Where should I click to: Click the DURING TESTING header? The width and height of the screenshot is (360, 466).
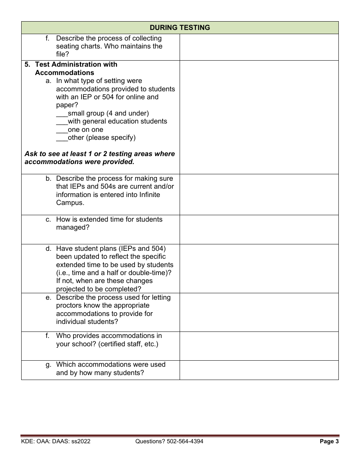(x=180, y=28)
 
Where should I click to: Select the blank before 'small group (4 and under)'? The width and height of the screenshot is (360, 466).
(x=62, y=114)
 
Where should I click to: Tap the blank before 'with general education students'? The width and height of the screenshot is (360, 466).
(x=62, y=122)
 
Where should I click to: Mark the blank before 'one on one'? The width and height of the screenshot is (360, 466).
(x=62, y=130)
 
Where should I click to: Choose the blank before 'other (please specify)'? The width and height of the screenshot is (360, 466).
(x=62, y=138)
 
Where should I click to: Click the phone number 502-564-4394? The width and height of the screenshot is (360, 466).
(x=185, y=441)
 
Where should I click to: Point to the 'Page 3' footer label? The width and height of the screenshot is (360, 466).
(x=329, y=441)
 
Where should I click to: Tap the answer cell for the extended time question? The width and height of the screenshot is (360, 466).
(x=259, y=230)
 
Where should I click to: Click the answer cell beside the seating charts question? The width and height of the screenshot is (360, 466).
(x=259, y=47)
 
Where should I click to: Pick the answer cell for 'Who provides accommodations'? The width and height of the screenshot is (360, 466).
(x=259, y=346)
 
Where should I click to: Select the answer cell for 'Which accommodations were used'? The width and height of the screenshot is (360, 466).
(x=259, y=370)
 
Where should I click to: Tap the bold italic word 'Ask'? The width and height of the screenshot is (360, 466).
(x=31, y=154)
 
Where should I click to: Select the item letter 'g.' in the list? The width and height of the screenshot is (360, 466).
(x=48, y=364)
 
